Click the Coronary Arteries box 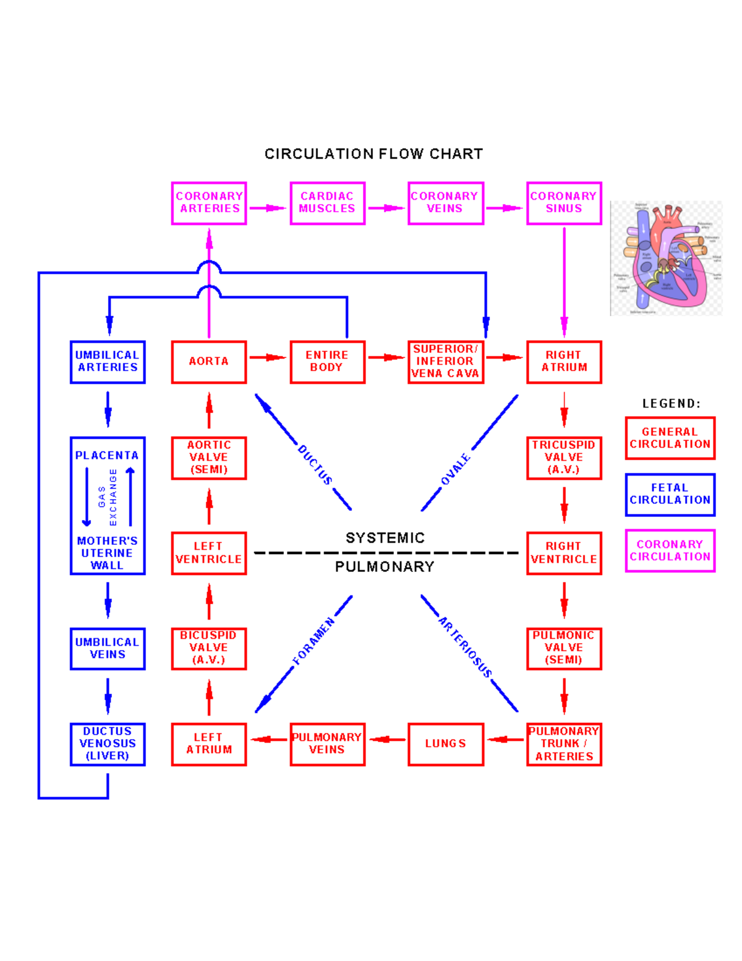coord(209,203)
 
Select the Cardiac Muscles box coord(327,203)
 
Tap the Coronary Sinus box coord(563,203)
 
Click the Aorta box coord(209,362)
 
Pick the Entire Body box coord(327,362)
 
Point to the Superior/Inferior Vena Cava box coord(445,362)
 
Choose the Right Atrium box coord(563,362)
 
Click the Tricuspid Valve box coord(563,458)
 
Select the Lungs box coord(445,744)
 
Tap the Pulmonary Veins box coord(327,744)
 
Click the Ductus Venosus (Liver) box coord(108,744)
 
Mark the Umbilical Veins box coord(108,649)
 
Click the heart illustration coord(666,258)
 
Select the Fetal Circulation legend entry coord(670,494)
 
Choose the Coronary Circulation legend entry coord(670,550)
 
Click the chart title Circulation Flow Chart coord(373,154)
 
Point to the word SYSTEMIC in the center coord(385,538)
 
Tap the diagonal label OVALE coord(456,469)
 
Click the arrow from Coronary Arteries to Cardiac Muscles coord(268,208)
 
